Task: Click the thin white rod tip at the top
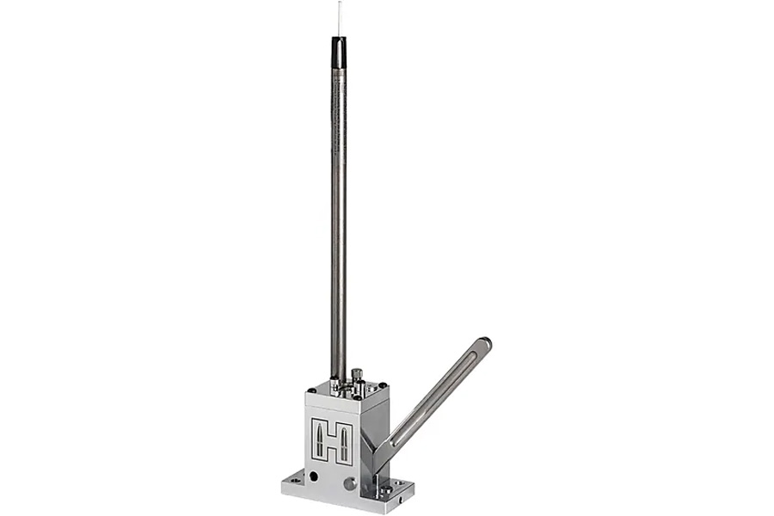pos(339,17)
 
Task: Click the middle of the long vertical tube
pos(339,215)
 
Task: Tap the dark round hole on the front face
pos(313,475)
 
